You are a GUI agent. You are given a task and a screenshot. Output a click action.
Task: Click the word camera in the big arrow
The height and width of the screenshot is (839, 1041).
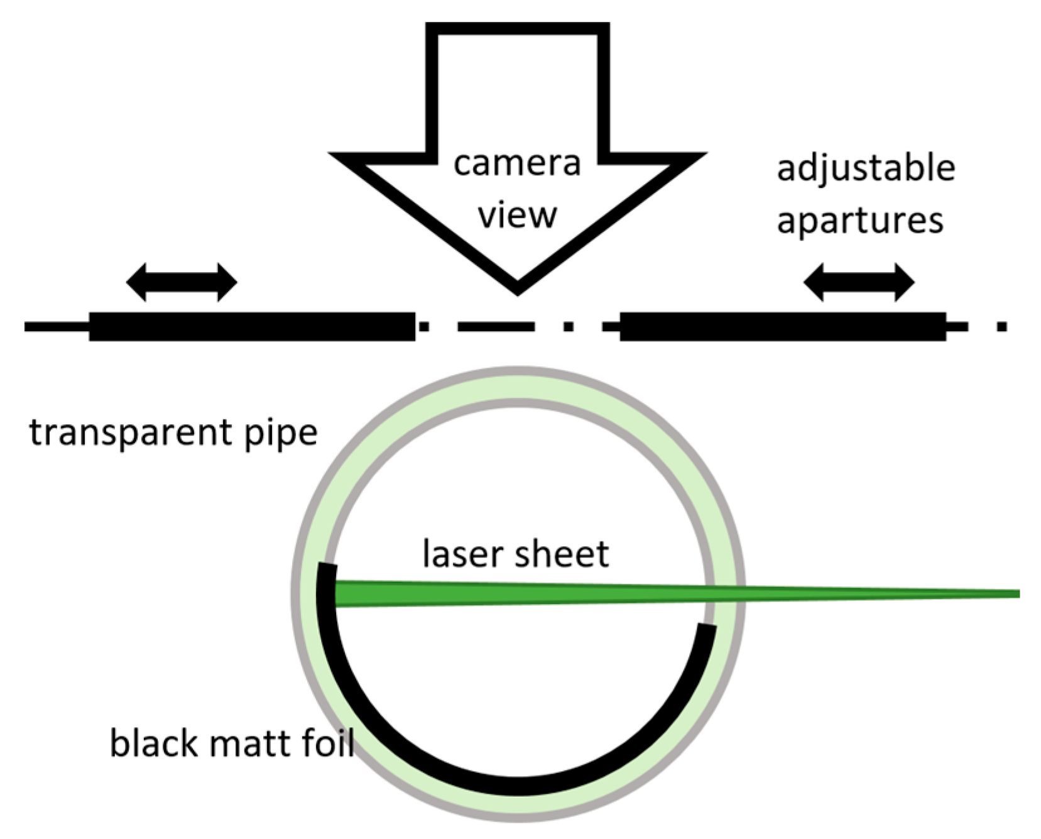pos(516,165)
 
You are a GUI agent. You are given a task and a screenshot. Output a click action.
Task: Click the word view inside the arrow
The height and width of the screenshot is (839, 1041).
pos(517,216)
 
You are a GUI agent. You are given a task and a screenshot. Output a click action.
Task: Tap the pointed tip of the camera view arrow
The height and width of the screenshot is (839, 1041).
pos(517,290)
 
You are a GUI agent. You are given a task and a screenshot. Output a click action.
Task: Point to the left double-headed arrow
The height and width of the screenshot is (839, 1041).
pos(182,282)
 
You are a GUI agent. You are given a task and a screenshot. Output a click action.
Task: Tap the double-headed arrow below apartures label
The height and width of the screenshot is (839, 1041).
pos(859,282)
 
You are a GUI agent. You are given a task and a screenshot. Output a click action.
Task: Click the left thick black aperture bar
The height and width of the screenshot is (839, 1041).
pos(251,326)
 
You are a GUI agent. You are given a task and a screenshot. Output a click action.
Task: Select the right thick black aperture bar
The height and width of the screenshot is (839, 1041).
pos(782,326)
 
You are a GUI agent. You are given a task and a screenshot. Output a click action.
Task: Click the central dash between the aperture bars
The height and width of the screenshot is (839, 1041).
pos(496,326)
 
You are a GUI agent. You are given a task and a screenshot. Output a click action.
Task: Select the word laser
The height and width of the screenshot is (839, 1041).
pos(462,554)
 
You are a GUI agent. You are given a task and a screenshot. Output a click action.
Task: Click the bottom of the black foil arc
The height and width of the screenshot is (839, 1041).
pos(519,786)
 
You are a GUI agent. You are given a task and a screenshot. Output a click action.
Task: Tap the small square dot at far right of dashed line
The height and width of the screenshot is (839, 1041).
pos(1002,326)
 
